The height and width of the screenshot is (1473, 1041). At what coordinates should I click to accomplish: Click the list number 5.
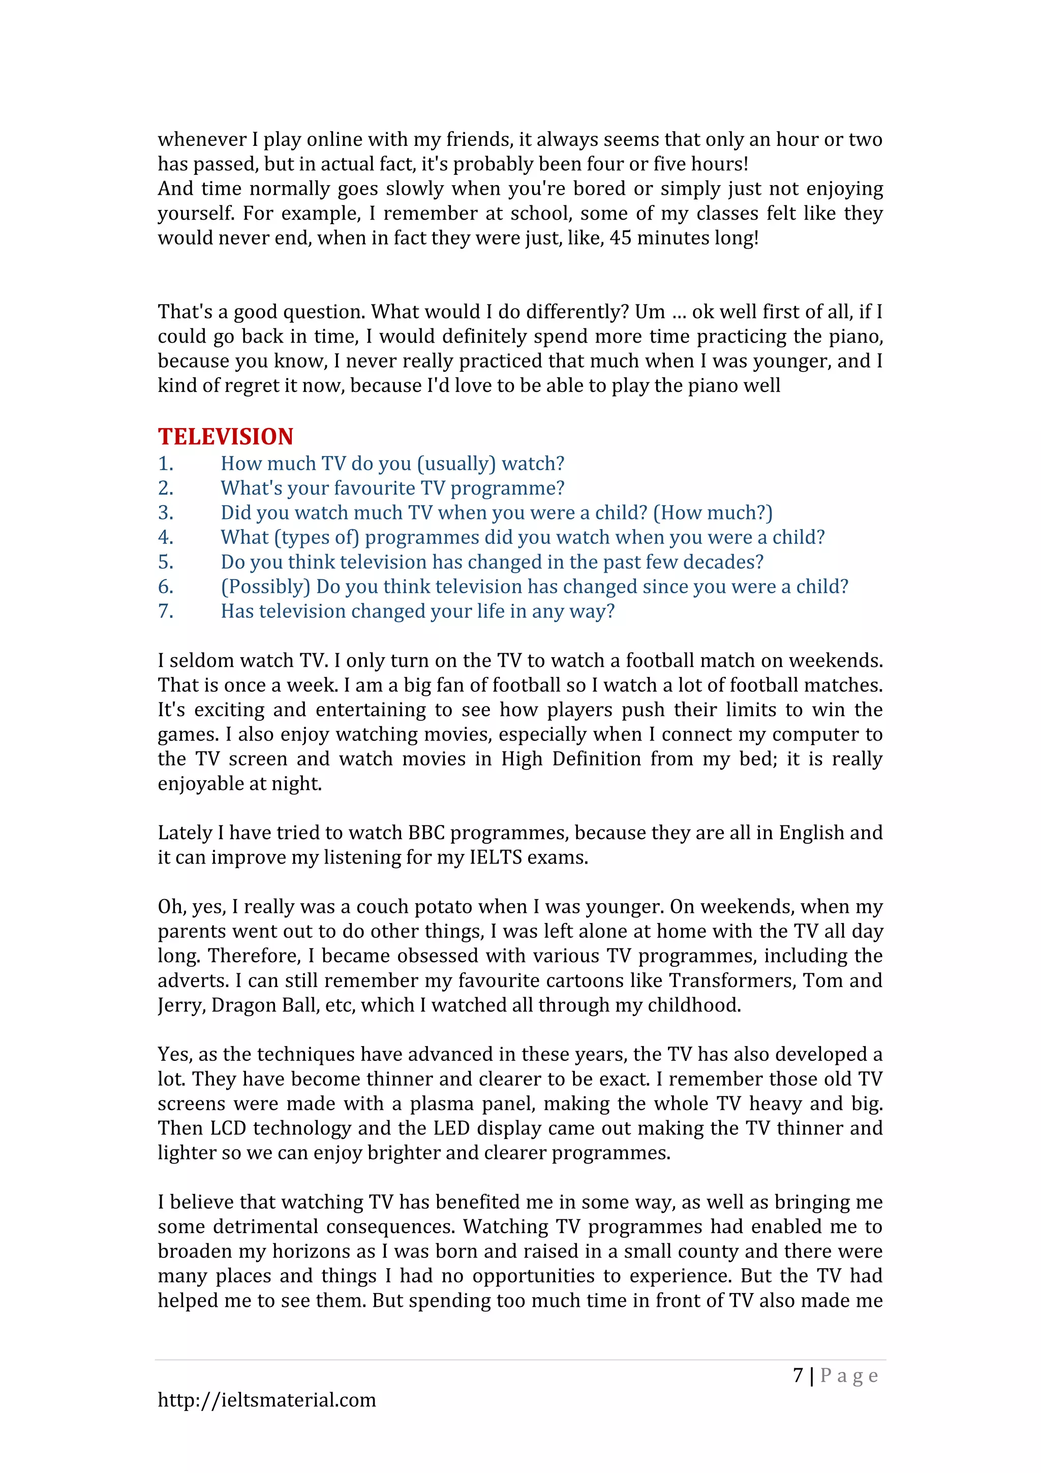166,562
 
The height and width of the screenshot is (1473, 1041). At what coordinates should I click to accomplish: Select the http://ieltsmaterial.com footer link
266,1399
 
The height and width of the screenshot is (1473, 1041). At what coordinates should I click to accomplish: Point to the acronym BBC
426,833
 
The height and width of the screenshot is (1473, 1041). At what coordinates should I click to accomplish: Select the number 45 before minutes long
620,238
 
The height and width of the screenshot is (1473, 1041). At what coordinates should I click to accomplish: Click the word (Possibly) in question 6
265,587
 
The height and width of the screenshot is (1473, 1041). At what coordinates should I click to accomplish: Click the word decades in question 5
722,562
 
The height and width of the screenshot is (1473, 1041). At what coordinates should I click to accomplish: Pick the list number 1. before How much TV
166,463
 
